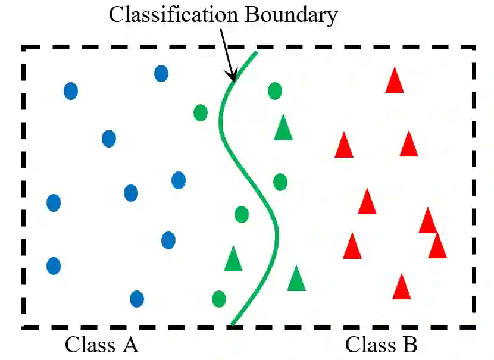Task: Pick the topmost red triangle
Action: [x=394, y=82]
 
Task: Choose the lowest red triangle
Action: [x=402, y=287]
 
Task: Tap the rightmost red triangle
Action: [x=437, y=246]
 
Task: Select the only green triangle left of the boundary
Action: [x=233, y=259]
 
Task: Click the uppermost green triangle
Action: [x=283, y=128]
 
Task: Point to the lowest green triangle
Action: [x=296, y=279]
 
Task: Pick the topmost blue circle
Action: [x=161, y=73]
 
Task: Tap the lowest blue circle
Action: [x=137, y=298]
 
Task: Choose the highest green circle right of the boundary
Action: [x=274, y=91]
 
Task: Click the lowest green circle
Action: [x=218, y=298]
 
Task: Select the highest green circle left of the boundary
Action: [x=201, y=112]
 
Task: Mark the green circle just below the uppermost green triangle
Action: [x=280, y=181]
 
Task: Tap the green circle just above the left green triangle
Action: [x=241, y=214]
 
